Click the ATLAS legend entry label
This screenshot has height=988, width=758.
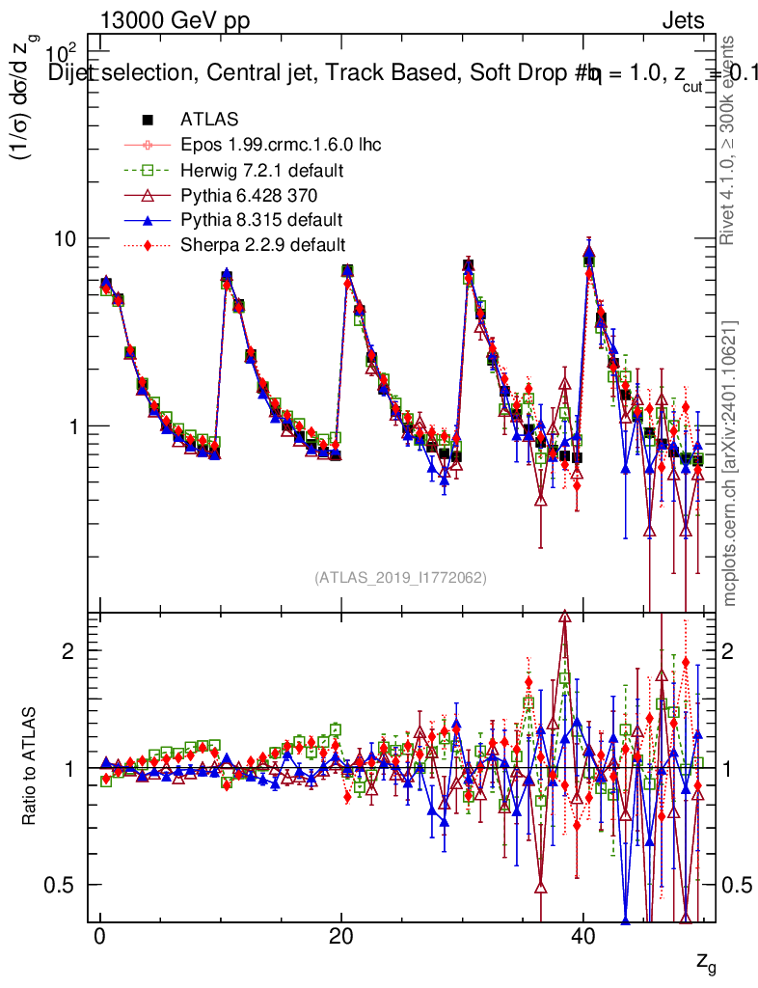209,120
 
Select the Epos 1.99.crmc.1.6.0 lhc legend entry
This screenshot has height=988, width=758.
281,145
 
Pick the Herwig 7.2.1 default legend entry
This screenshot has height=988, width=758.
262,170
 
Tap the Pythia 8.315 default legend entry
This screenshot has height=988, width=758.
261,219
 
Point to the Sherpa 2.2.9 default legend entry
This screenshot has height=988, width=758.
262,244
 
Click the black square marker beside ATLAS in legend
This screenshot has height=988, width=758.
148,120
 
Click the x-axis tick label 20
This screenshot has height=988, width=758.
340,939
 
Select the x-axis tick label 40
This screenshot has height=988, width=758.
582,939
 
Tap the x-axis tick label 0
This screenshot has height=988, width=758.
99,939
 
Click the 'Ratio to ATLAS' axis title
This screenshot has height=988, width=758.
32,767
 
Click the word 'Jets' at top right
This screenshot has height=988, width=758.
682,20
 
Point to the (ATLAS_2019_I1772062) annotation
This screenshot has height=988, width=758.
400,578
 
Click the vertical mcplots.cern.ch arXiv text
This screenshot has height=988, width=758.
730,463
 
